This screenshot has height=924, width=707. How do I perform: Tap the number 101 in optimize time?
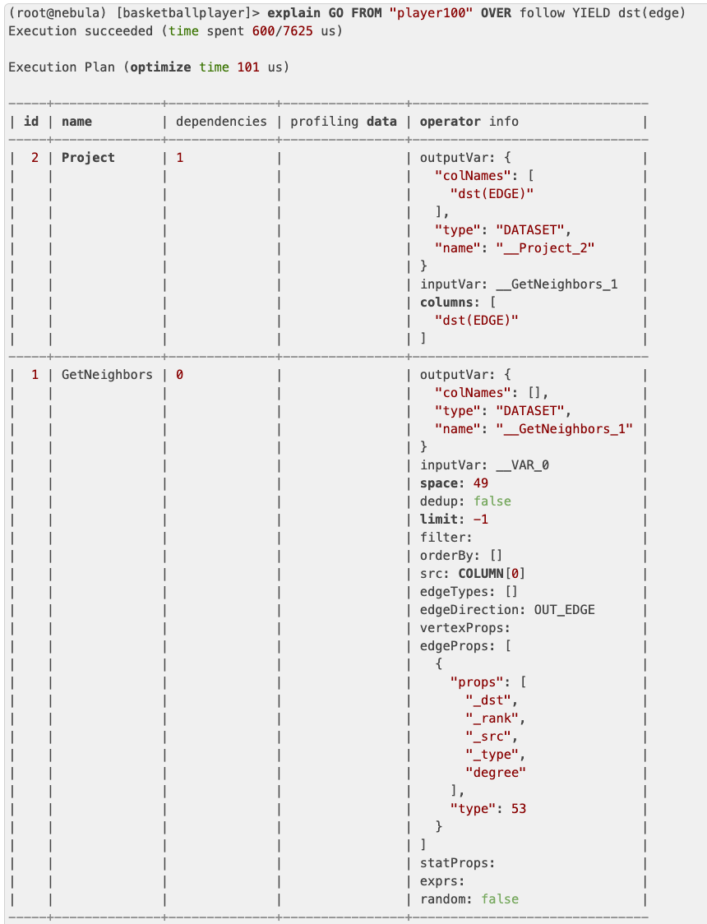tap(247, 67)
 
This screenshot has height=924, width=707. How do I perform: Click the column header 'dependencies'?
tap(221, 122)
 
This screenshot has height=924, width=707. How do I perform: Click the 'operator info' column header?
tap(469, 122)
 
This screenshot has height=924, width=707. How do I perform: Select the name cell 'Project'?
tap(88, 158)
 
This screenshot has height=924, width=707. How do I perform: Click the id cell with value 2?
tap(35, 158)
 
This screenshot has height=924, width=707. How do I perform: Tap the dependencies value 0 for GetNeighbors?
tap(179, 375)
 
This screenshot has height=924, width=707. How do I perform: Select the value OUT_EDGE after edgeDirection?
tap(564, 610)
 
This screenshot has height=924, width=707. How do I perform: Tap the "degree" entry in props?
tap(496, 773)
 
